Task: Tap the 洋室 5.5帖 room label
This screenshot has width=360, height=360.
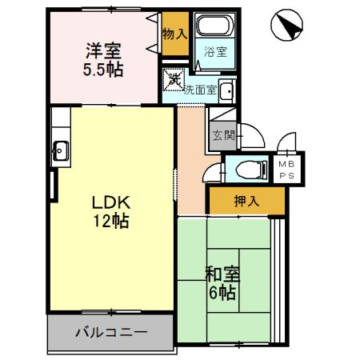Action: (x=103, y=59)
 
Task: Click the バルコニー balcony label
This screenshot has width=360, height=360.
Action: (x=111, y=331)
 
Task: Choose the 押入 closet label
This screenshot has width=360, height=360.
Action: (x=247, y=201)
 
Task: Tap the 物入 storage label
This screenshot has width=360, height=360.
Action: (x=174, y=34)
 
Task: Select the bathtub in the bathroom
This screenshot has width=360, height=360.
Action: (x=214, y=28)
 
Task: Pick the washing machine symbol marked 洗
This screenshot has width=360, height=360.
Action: (x=173, y=78)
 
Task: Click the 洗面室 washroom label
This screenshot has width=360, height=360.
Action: (x=200, y=90)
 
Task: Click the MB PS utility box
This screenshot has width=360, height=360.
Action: (x=286, y=168)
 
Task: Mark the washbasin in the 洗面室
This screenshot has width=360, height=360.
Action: (x=227, y=90)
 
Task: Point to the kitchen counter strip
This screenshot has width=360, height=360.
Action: (x=60, y=144)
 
